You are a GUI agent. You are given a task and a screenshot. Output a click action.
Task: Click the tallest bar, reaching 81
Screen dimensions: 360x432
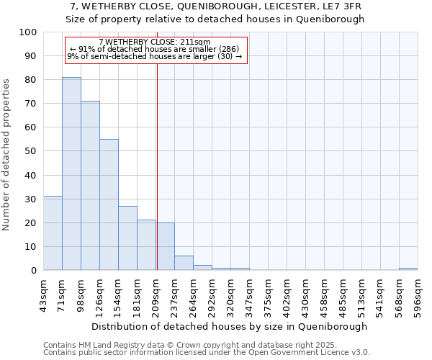pos(71,174)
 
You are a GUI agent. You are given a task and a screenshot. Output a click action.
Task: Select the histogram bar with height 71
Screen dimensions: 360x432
pos(90,186)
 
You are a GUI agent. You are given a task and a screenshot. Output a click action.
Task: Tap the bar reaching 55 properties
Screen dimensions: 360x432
pos(109,204)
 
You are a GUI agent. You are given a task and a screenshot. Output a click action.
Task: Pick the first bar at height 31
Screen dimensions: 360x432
pos(53,233)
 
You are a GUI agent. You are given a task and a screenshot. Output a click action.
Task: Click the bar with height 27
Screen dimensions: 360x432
pos(127,238)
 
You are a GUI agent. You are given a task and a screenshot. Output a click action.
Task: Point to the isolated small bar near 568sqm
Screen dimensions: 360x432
pos(408,269)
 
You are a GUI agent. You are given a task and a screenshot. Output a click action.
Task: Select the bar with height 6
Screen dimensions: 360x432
pos(184,264)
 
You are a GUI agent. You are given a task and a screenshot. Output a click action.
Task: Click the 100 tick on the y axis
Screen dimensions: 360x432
pos(29,32)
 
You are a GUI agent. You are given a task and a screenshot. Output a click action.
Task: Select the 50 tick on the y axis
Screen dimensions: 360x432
pos(32,151)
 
